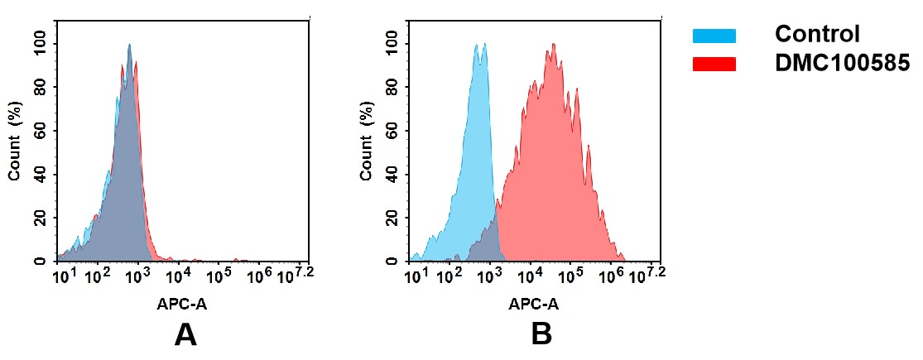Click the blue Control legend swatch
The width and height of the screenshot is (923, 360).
714,36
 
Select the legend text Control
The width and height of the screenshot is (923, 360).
817,35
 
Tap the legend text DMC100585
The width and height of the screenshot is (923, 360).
842,64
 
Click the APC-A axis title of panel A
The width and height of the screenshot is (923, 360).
182,304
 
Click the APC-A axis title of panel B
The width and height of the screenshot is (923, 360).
534,304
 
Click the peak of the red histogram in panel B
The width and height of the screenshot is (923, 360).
553,45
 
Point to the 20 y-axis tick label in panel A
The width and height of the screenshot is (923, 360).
41,218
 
